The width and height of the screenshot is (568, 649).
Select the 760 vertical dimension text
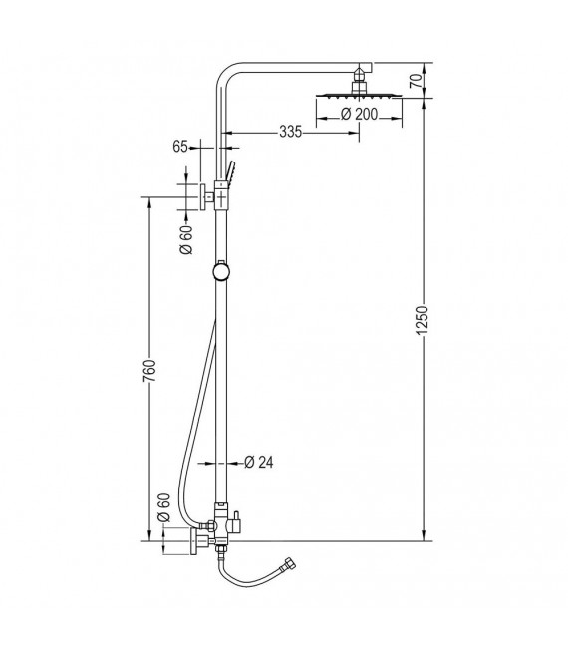point(149,371)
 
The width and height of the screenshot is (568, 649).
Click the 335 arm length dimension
point(290,131)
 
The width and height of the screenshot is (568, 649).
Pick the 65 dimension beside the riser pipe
point(180,146)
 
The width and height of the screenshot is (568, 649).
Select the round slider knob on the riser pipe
point(221,270)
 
